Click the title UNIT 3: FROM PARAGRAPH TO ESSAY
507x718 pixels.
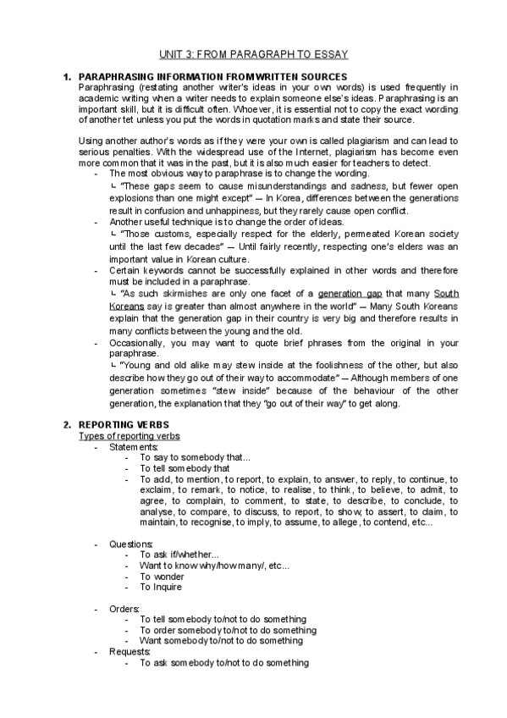tap(255, 54)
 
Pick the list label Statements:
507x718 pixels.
tap(134, 446)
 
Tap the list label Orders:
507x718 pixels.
tap(125, 609)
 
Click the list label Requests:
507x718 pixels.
tap(131, 652)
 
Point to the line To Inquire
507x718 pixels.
tap(161, 587)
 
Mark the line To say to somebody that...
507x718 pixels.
tap(196, 456)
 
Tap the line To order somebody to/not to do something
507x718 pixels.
tap(229, 631)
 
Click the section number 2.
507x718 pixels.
tap(67, 423)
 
